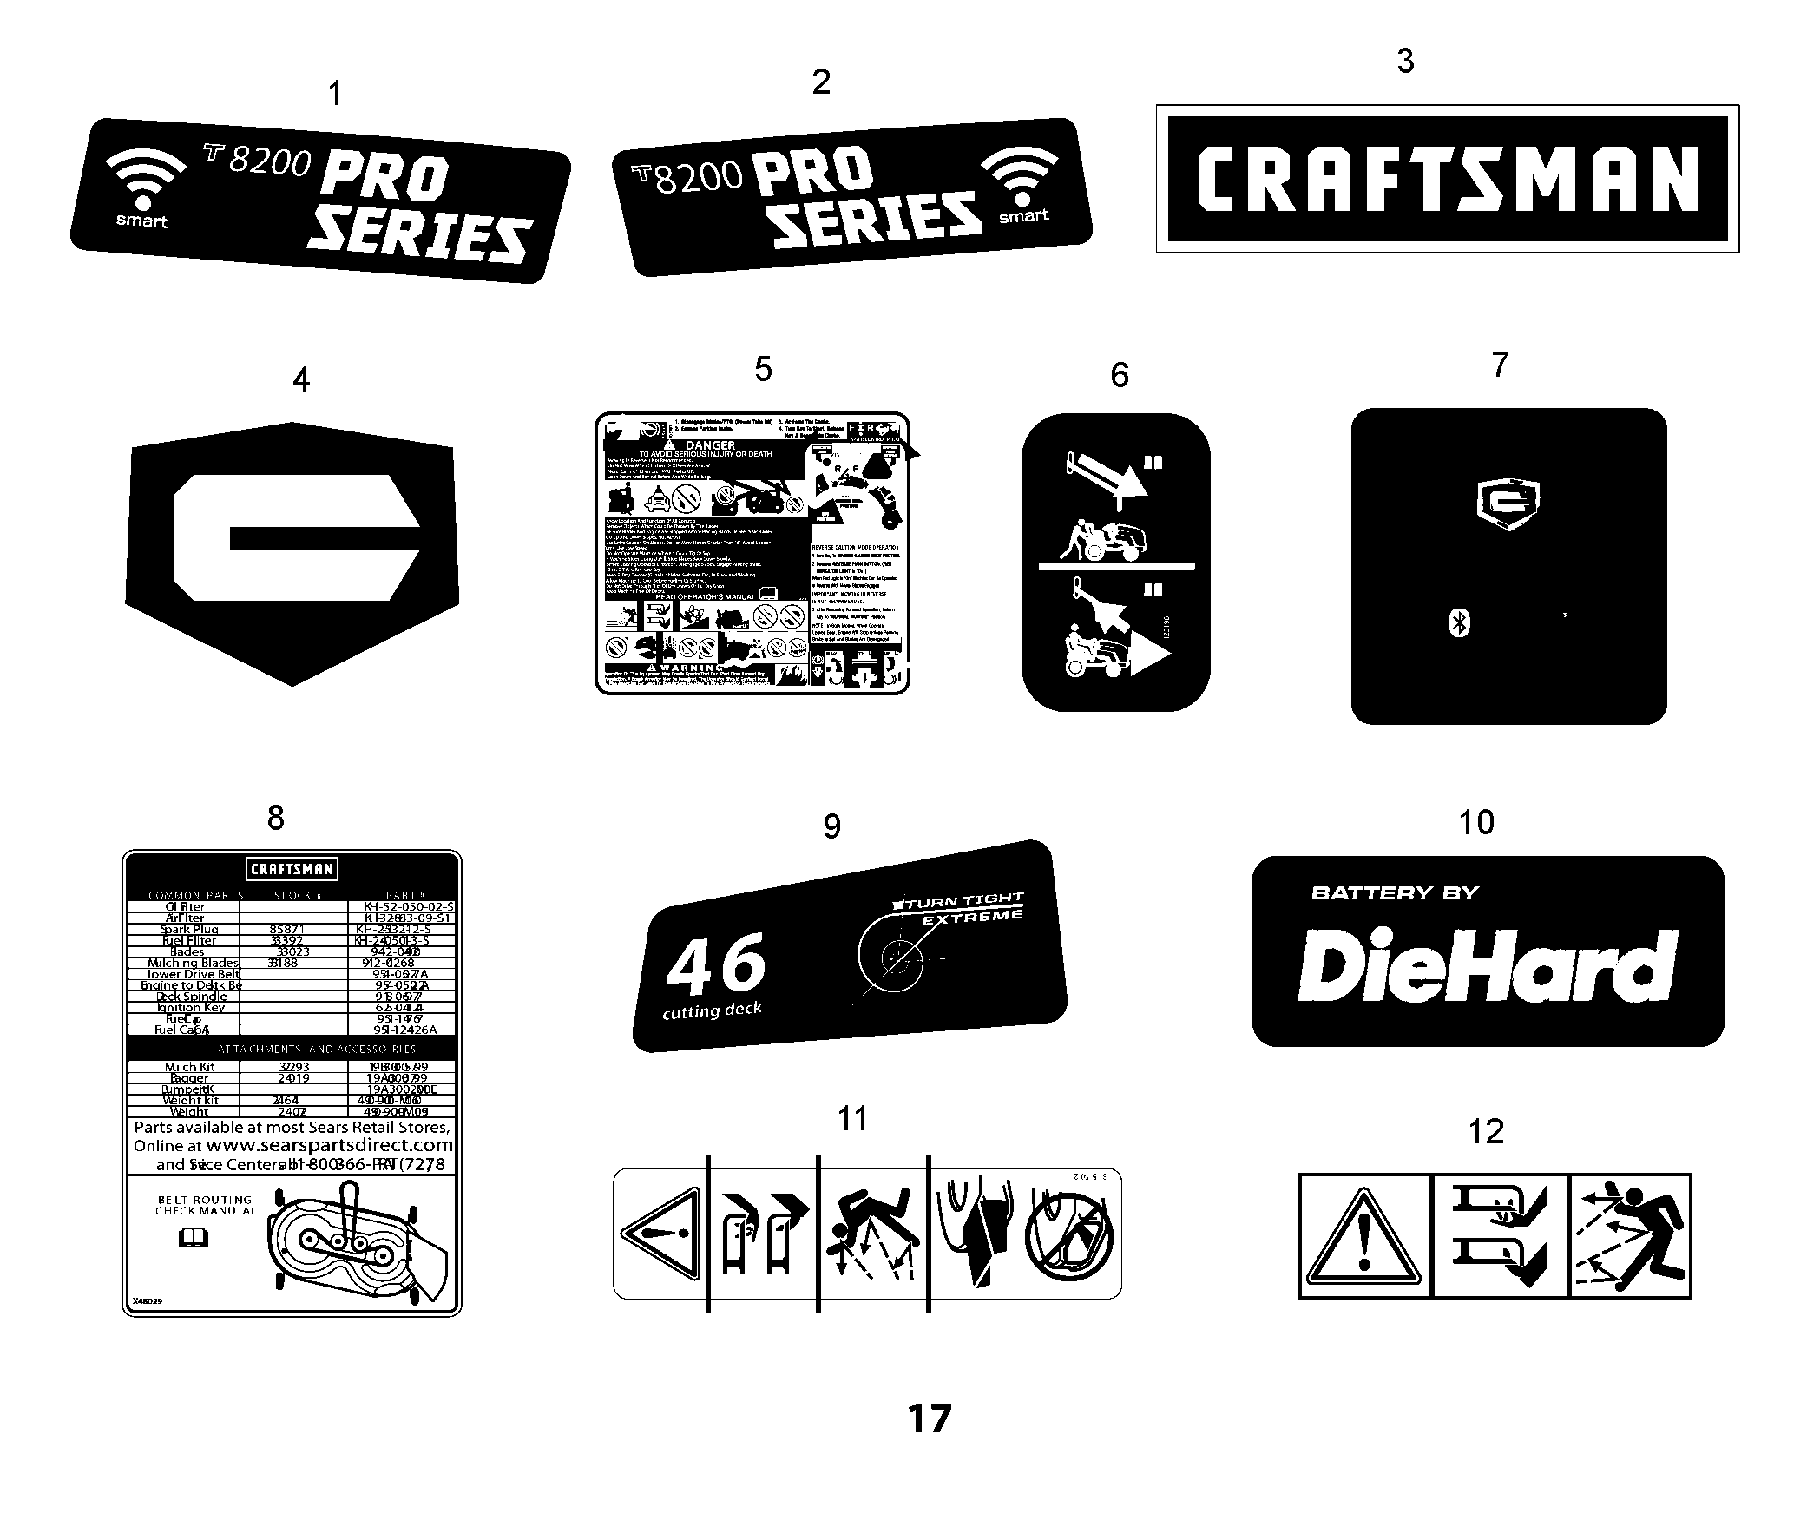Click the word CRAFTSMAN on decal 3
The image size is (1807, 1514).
(x=1447, y=179)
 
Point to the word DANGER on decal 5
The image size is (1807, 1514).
(x=710, y=444)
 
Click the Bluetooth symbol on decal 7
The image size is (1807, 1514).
(x=1460, y=623)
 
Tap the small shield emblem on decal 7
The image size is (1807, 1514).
(x=1508, y=504)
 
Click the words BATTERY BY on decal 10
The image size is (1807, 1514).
(x=1395, y=892)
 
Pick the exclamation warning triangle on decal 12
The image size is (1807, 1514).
(x=1363, y=1238)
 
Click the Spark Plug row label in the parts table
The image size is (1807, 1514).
(x=190, y=929)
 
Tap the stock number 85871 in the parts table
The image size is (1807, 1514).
(x=287, y=929)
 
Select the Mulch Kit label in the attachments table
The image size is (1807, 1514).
(x=189, y=1067)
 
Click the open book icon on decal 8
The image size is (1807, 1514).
(x=194, y=1237)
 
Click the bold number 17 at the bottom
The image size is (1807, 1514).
(x=929, y=1419)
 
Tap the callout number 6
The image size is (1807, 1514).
(x=1119, y=375)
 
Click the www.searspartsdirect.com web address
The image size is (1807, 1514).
(x=329, y=1145)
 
